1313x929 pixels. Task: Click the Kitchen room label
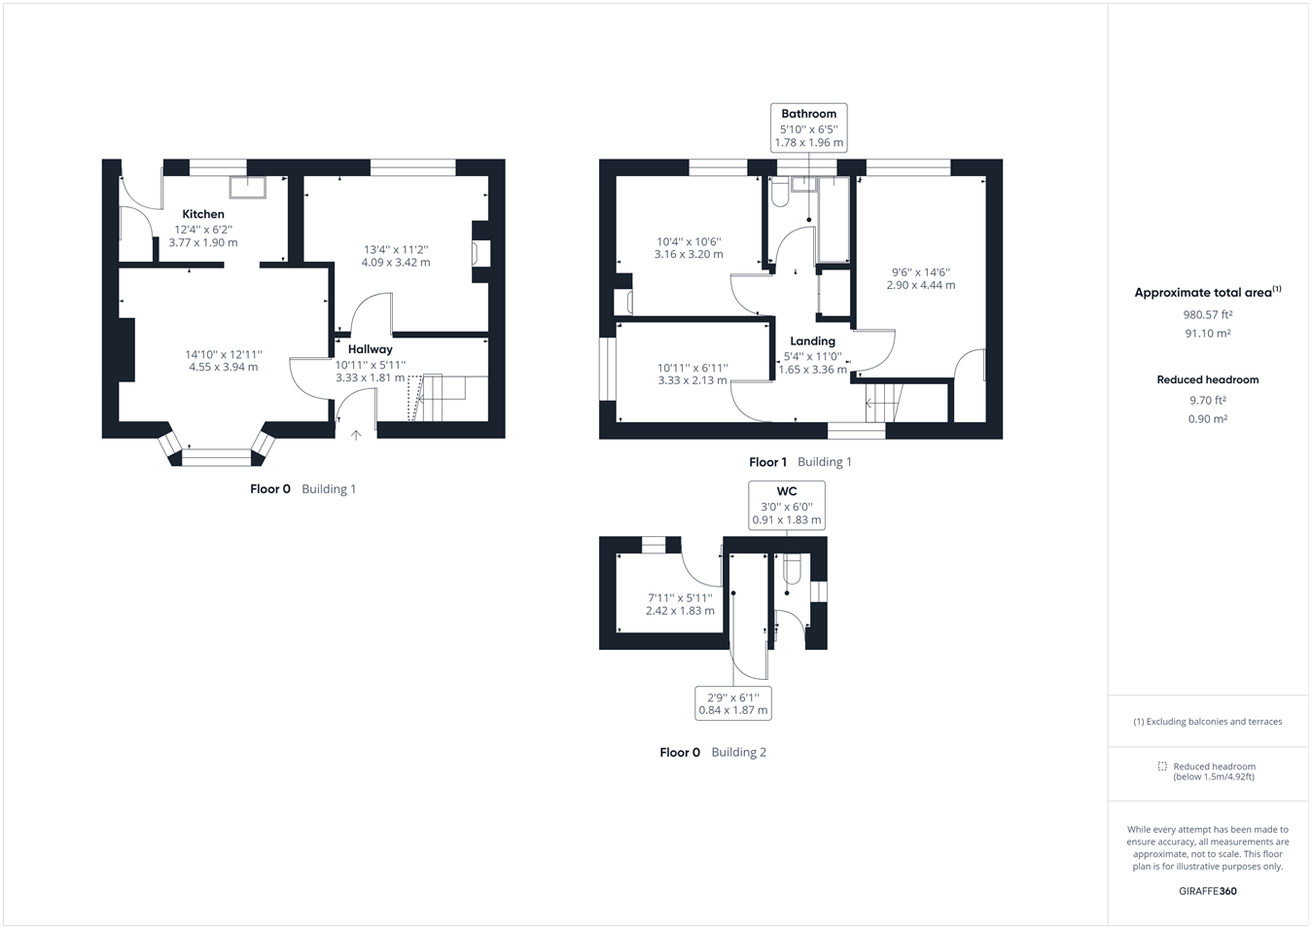(203, 214)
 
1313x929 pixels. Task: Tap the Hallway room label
(370, 349)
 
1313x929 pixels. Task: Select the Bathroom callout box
(808, 127)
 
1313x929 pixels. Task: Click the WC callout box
(786, 506)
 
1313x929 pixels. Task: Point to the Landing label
(812, 341)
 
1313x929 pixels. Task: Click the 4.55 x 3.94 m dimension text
(224, 368)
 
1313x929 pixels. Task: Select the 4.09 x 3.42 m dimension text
(396, 263)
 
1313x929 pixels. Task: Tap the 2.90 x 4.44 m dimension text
(920, 285)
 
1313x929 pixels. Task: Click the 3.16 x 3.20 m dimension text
(689, 255)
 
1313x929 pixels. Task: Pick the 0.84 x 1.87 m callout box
(733, 703)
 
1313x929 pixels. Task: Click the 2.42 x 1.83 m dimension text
(680, 611)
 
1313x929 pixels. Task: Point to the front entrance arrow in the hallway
(356, 435)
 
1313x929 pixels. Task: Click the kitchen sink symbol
(247, 187)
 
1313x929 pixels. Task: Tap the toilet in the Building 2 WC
(793, 569)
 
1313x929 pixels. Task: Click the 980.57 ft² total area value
(1207, 315)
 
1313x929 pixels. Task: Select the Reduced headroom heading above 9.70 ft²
(1207, 380)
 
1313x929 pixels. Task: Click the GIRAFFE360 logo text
(1207, 891)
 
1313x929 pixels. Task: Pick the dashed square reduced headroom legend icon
(1161, 767)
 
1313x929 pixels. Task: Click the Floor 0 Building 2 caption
(712, 752)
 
